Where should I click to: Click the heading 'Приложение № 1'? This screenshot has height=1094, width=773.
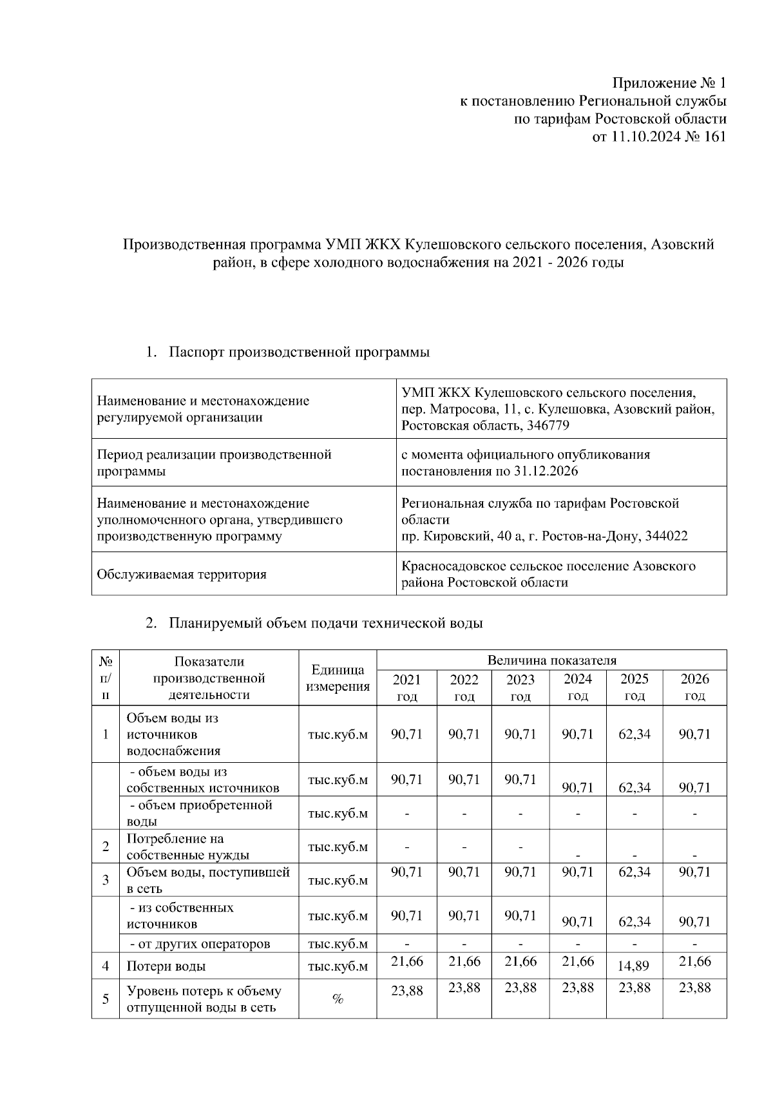coord(669,83)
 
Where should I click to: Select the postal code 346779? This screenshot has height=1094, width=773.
coord(548,425)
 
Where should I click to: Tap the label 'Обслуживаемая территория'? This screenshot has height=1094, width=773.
coord(181,574)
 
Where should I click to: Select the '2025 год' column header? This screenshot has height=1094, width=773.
coord(634,687)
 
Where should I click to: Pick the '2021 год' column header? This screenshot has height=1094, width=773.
coord(406,687)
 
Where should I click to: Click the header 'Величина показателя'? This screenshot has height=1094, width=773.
coord(551,660)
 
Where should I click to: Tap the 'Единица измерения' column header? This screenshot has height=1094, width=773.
coord(338,678)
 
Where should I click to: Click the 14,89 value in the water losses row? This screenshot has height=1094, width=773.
coord(634,966)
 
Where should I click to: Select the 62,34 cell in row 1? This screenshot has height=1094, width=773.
coord(634,734)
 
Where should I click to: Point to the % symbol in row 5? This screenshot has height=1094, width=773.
coord(337,999)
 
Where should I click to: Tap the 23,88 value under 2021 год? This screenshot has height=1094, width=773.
coord(406,991)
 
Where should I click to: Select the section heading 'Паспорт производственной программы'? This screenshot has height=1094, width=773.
coord(299,352)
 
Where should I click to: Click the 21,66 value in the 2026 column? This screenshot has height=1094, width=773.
coord(694,962)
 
